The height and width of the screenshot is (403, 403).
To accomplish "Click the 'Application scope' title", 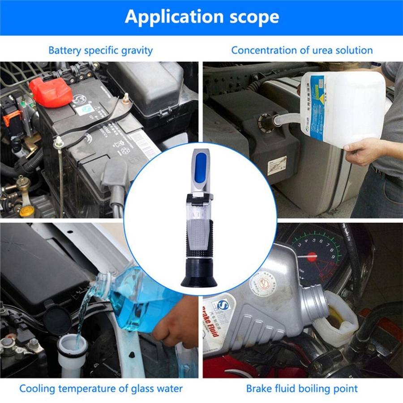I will coord(201,17).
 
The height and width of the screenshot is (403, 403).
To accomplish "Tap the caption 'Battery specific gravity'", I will coord(100,50).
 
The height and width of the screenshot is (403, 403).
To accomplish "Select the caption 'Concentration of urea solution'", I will coord(302,50).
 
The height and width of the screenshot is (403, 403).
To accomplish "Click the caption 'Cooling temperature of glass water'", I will coord(101,388).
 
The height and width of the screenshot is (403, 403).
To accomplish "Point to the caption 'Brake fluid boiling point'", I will coord(302,388).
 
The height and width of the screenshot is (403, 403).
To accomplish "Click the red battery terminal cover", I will coord(50,92).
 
